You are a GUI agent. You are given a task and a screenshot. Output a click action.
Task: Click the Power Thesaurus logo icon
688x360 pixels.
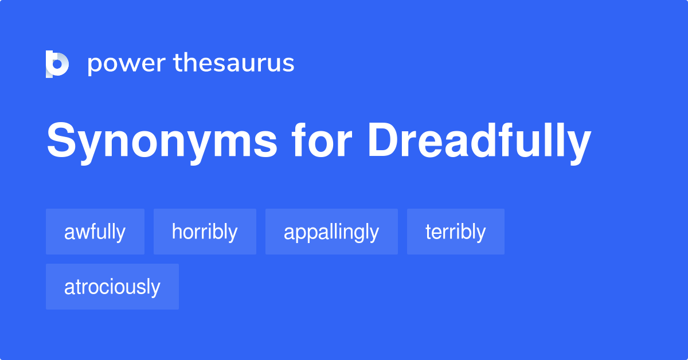57,64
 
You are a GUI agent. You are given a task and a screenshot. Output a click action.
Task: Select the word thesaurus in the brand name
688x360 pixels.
234,64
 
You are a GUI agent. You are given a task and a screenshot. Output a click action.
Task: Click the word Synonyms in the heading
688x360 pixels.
162,142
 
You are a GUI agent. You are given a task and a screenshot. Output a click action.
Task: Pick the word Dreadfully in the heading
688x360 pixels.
479,142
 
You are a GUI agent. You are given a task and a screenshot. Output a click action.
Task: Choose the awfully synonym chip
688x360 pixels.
95,232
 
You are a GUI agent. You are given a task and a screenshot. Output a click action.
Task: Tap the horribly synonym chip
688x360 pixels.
205,232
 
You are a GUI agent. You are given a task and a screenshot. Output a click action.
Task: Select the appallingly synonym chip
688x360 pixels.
331,232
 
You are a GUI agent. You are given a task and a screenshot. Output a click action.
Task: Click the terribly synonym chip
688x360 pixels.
456,232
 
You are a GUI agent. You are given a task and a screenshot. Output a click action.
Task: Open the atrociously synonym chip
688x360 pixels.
112,287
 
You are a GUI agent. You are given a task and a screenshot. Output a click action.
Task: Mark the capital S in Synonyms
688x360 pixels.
60,142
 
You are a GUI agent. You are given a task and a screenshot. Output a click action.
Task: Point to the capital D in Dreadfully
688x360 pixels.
381,142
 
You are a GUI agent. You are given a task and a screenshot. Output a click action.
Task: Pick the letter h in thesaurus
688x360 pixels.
189,63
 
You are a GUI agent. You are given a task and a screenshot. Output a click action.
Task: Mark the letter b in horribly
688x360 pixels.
220,232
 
